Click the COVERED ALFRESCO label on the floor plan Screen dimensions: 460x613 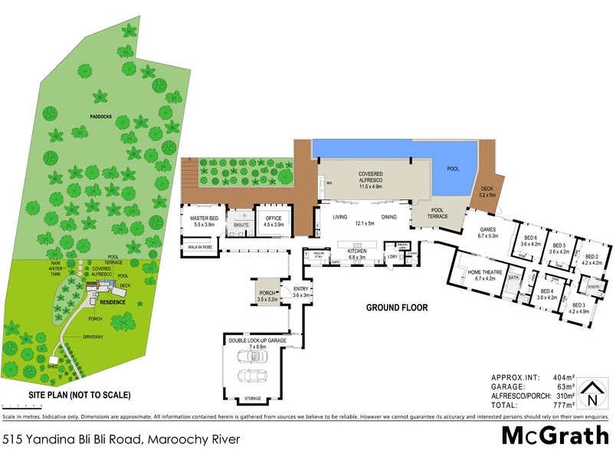[370, 178]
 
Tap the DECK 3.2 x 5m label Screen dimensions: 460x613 [487, 192]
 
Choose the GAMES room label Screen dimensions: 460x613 [488, 232]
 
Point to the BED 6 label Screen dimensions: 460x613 [531, 241]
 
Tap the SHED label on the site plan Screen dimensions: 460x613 [52, 366]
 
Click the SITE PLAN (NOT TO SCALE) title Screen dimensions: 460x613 [79, 396]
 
